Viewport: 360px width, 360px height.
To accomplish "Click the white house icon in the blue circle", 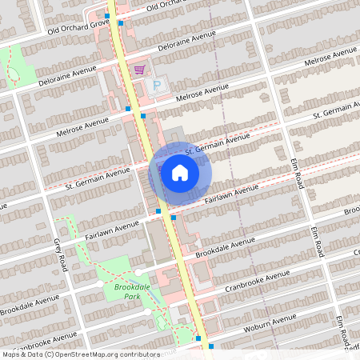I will pyautogui.click(x=180, y=173).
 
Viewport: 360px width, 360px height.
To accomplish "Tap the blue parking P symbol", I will pyautogui.click(x=157, y=86).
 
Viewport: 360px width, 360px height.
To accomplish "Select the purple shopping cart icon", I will pyautogui.click(x=140, y=70).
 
